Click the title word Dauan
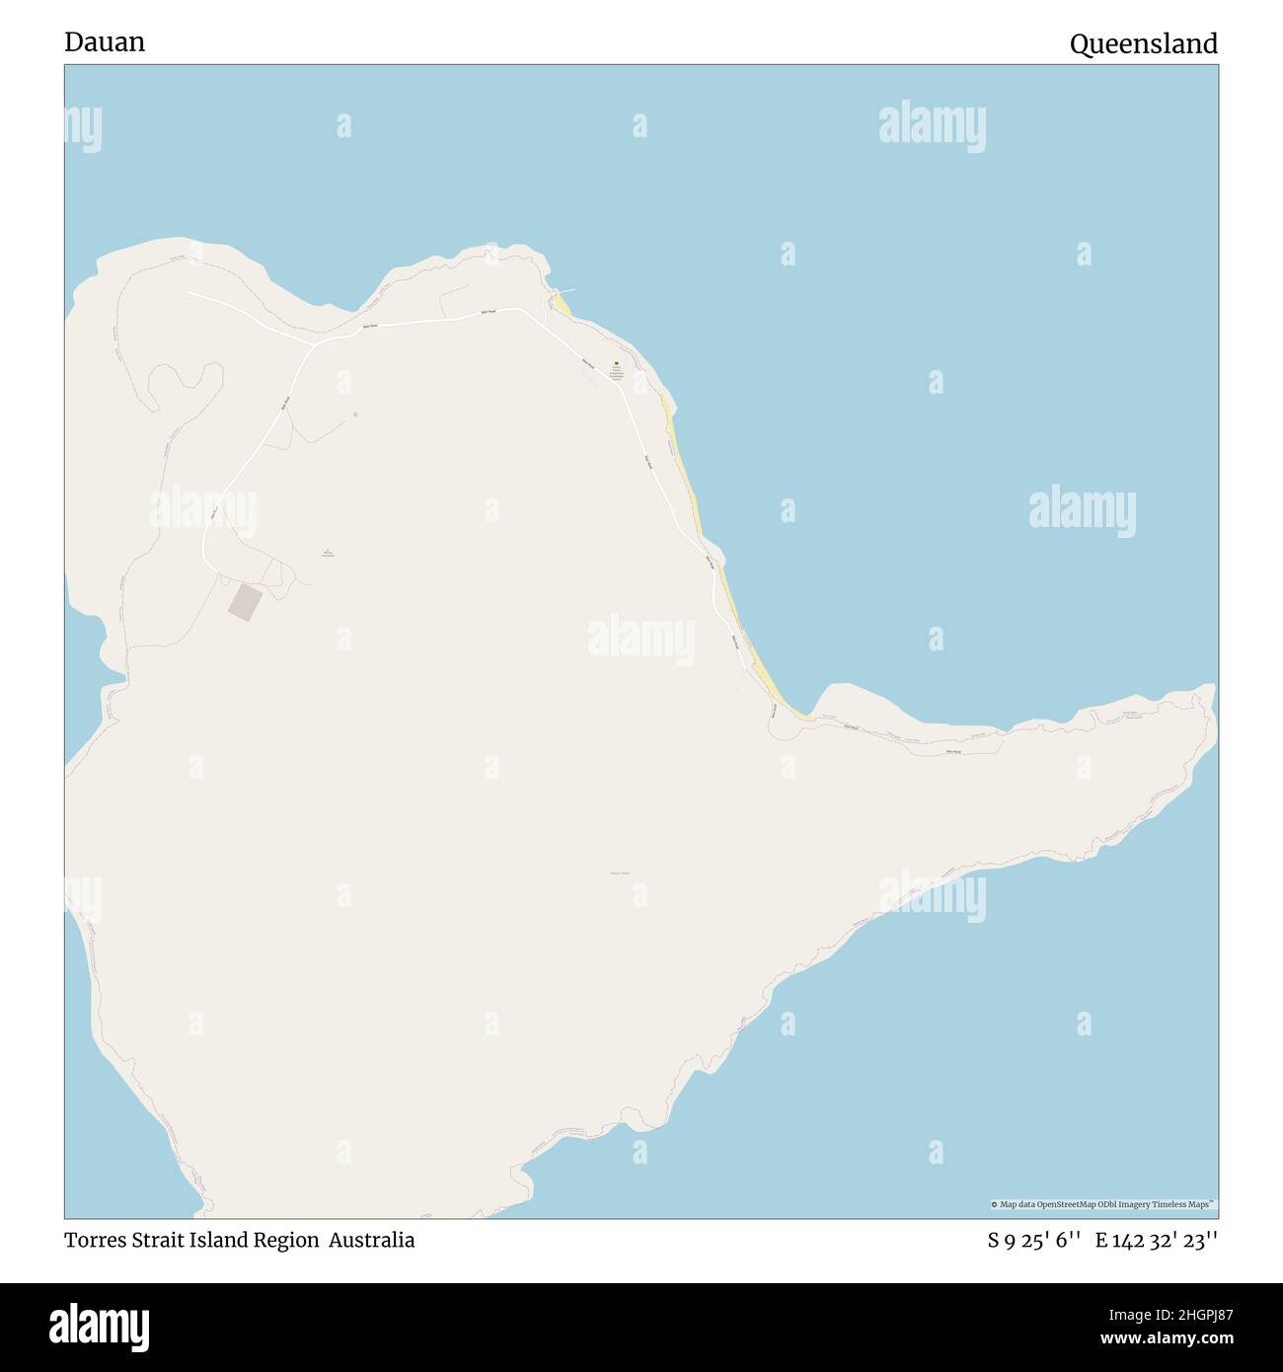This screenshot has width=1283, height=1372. click(105, 42)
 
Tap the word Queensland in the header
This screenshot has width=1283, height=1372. click(1143, 43)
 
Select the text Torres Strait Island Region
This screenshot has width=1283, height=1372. click(191, 1240)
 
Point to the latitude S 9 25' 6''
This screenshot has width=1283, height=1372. click(1032, 1240)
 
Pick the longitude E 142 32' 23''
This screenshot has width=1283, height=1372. click(1157, 1240)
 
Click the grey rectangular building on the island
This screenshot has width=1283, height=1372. click(246, 602)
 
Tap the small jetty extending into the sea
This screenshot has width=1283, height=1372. click(566, 290)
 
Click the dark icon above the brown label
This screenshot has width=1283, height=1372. click(617, 363)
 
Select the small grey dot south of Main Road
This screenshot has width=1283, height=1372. click(355, 415)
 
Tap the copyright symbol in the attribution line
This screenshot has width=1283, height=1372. click(995, 1204)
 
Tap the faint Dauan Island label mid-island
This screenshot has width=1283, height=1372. click(620, 873)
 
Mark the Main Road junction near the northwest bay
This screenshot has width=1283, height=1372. click(314, 344)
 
